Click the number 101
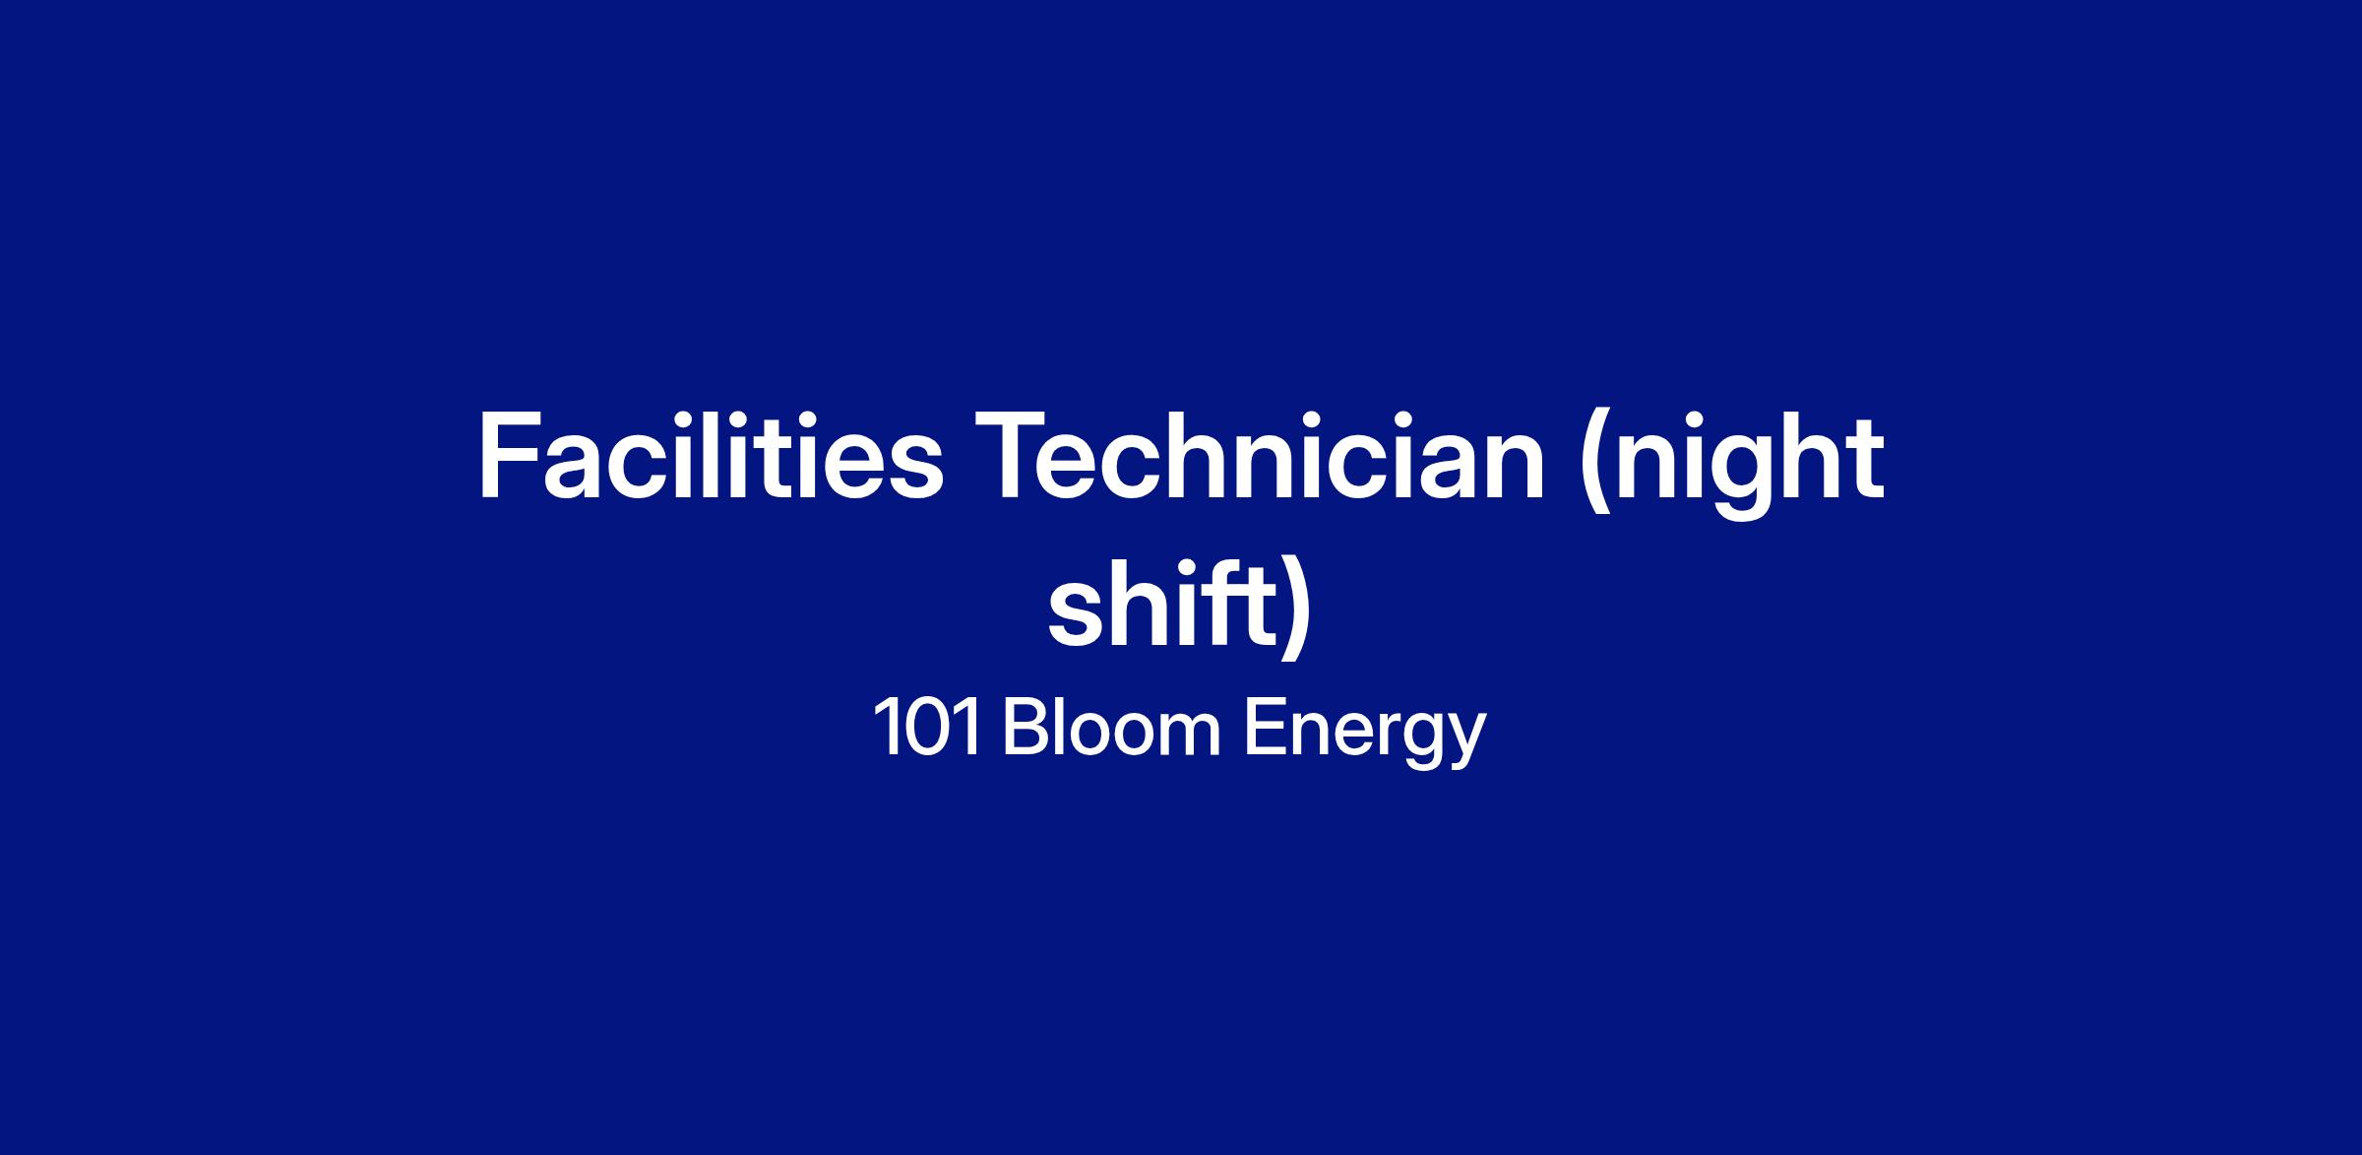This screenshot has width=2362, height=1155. [926, 728]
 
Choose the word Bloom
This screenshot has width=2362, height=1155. [1112, 728]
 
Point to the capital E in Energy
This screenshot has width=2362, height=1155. [1266, 728]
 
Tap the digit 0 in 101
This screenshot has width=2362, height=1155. [928, 728]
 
